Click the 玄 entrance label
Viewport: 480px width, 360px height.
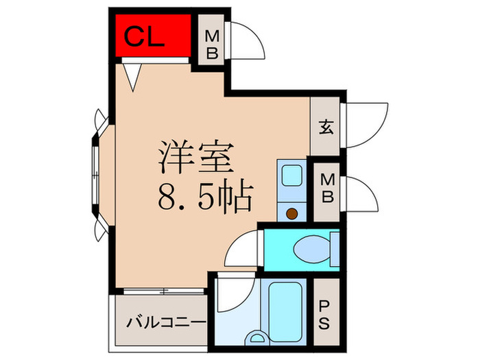pos(326,127)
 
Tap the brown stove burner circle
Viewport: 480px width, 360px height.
pos(293,213)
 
